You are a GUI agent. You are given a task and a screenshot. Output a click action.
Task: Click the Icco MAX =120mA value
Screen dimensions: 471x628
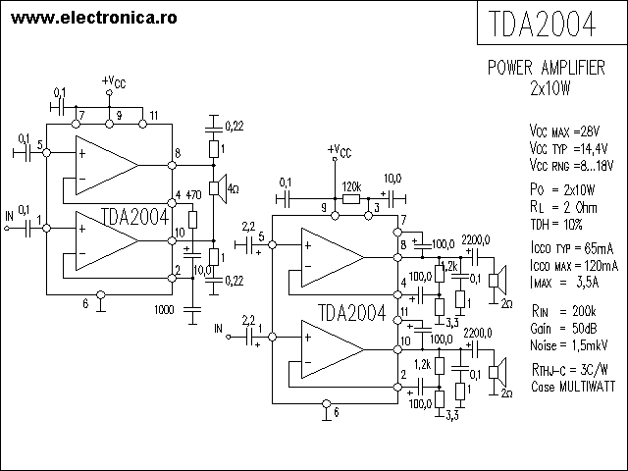point(572,265)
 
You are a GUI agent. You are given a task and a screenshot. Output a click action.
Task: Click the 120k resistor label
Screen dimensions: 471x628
point(351,185)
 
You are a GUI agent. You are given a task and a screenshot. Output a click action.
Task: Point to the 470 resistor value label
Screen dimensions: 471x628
point(193,195)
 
